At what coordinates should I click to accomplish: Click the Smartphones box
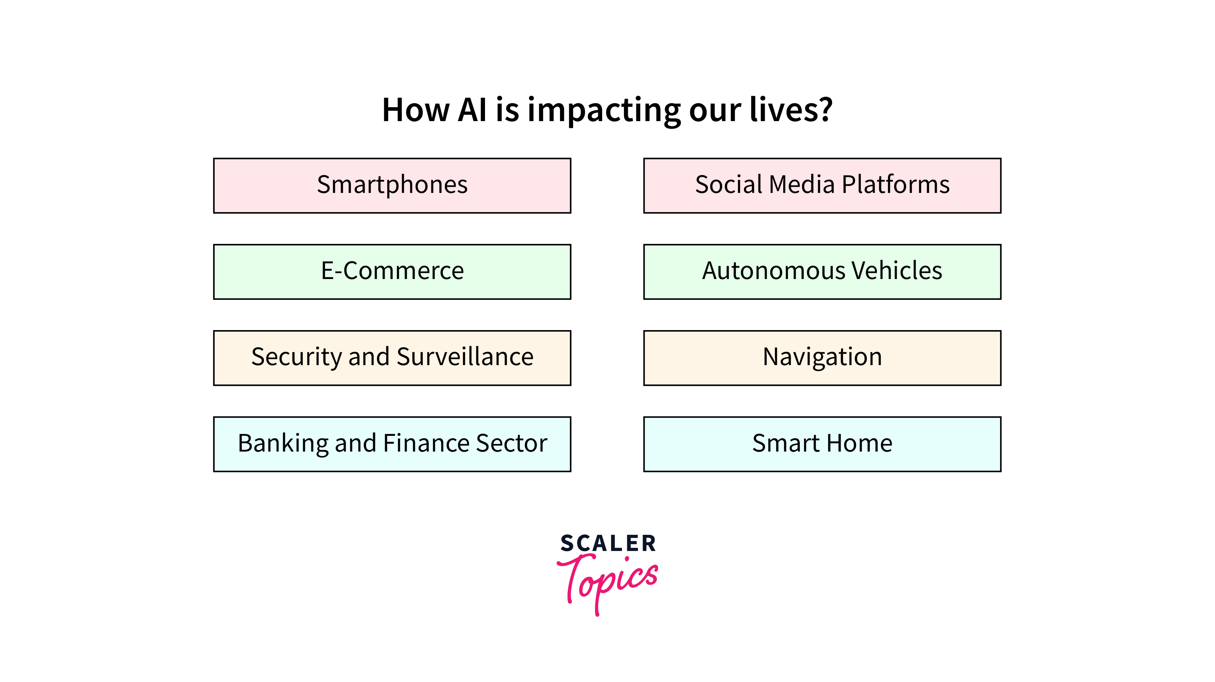point(392,185)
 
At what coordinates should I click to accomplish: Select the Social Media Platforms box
point(822,185)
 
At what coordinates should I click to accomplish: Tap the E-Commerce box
point(392,272)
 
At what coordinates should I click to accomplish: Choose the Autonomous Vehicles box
point(822,272)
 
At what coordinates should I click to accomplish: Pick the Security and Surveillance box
point(392,358)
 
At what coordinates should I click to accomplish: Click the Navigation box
point(822,358)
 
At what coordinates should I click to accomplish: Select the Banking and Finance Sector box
point(392,444)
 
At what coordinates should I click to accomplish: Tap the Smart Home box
point(822,444)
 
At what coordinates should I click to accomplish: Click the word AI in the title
point(472,110)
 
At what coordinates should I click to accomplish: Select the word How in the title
point(415,110)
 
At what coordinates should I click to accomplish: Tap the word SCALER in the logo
point(608,543)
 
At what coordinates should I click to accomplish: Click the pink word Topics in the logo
point(607,584)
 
